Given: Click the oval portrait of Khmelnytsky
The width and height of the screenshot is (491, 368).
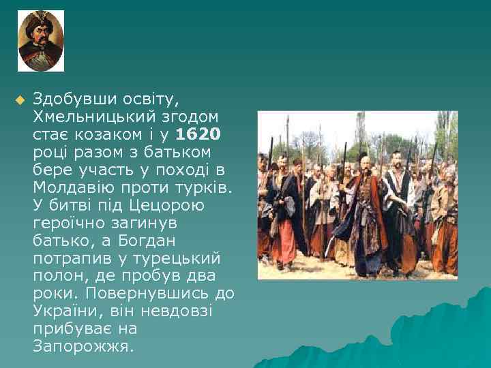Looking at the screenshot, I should (41, 41).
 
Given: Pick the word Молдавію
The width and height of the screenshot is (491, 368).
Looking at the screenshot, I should (69, 187).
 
